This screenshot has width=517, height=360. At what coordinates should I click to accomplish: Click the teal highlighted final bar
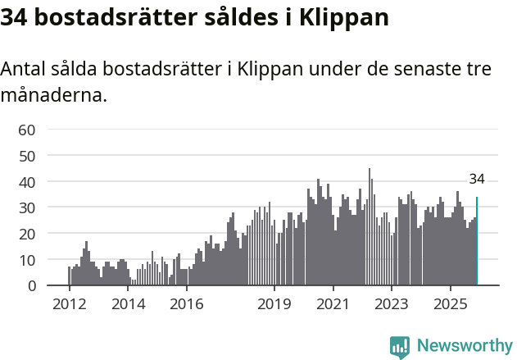(x=477, y=241)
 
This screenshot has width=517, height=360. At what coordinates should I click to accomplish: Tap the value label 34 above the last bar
(x=477, y=180)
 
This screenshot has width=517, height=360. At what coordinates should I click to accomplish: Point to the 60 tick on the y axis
(x=27, y=130)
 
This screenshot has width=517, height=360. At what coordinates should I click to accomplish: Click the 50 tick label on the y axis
(x=27, y=156)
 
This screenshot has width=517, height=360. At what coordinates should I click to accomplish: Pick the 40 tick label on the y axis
(x=27, y=181)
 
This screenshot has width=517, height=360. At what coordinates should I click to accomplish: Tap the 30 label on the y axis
(x=27, y=207)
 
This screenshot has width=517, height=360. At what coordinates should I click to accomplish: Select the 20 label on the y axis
(x=27, y=234)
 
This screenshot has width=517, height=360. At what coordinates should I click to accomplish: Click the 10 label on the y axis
(x=27, y=260)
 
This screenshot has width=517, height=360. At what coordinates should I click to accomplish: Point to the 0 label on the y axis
(x=31, y=286)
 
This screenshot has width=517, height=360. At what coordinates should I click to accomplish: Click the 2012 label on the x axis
(x=69, y=304)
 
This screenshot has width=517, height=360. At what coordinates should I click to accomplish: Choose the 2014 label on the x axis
(x=128, y=304)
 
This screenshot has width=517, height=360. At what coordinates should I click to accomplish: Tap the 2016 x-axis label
(x=187, y=304)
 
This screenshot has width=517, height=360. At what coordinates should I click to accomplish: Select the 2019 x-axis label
(x=274, y=304)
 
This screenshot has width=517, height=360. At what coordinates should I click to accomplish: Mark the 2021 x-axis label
(x=333, y=304)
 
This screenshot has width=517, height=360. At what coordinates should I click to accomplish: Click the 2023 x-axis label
(x=392, y=304)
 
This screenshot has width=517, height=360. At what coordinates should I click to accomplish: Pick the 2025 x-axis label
(x=451, y=304)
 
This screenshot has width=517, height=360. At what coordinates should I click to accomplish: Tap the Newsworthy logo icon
(x=400, y=347)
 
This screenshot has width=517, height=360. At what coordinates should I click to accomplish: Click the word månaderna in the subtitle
(x=54, y=96)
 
